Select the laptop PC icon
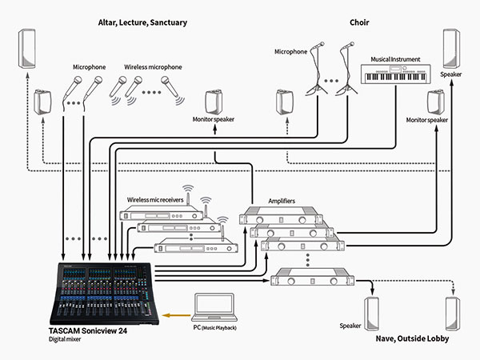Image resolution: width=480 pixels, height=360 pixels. tap(215, 308)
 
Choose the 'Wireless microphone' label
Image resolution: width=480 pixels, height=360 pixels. tap(153, 67)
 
